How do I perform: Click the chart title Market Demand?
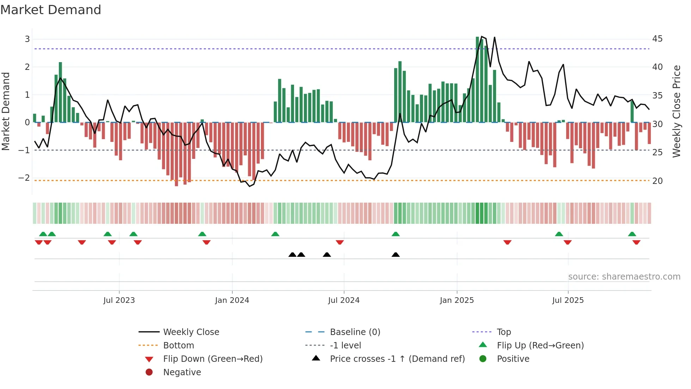tap(51, 10)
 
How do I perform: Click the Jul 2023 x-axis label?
tap(119, 300)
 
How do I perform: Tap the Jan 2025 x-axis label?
tap(457, 300)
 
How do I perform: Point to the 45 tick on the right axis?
tap(657, 39)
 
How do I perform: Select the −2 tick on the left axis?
tap(24, 178)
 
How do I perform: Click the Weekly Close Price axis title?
tap(676, 111)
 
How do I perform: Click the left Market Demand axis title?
tap(6, 111)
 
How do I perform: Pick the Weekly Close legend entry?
tap(191, 332)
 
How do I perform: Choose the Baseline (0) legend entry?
tap(355, 332)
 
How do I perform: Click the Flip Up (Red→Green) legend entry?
tap(540, 346)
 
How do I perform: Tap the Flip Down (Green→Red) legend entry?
tap(213, 359)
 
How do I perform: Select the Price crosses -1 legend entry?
tap(397, 359)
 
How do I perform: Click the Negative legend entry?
tap(182, 372)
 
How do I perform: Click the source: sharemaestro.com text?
tap(624, 277)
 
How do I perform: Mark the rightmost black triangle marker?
tap(396, 255)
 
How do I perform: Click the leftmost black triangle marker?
tap(292, 255)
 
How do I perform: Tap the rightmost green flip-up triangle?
tap(632, 234)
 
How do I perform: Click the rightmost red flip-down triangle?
tap(636, 242)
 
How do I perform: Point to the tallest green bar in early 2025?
tap(477, 79)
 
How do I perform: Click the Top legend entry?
tap(503, 332)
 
